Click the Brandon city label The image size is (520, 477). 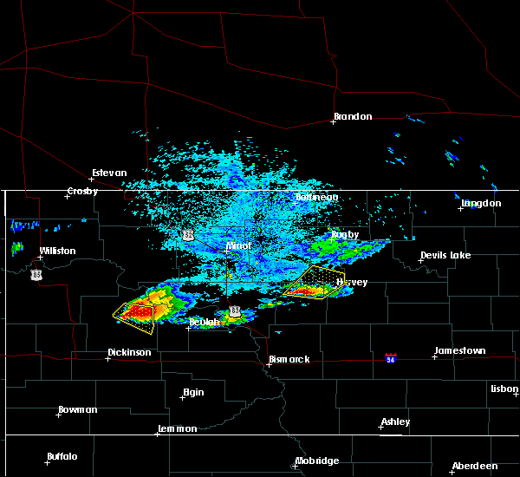point(353,116)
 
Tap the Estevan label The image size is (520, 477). point(110,173)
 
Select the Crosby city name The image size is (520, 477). point(83,191)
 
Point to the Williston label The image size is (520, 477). point(57,251)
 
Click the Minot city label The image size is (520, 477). point(238,245)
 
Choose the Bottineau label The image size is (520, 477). point(317,197)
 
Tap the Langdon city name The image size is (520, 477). point(481,203)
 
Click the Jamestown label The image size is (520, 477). point(459,350)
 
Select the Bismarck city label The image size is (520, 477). point(289,359)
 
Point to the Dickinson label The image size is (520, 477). point(129,352)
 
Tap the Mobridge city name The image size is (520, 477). point(317,461)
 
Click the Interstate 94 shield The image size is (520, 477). point(392,357)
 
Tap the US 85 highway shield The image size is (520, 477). point(36,275)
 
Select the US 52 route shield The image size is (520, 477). point(188,235)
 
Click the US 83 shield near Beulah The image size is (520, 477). point(235,311)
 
